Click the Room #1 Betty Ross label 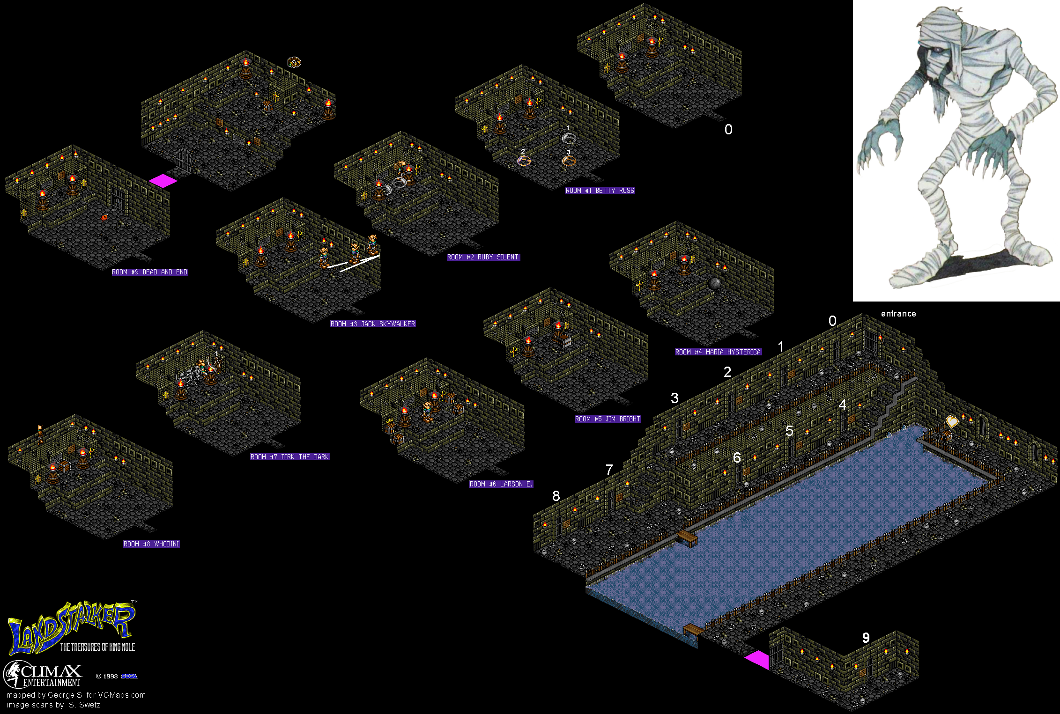click(x=600, y=191)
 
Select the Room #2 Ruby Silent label click(x=483, y=257)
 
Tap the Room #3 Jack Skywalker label click(x=373, y=324)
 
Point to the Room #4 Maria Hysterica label click(x=718, y=352)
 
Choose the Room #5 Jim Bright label click(x=608, y=419)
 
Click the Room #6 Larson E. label click(x=501, y=484)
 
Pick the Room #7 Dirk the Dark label click(x=290, y=457)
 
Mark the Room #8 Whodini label click(x=151, y=544)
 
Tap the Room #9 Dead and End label click(x=150, y=272)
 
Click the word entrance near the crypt click(x=898, y=314)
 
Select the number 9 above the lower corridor click(x=866, y=638)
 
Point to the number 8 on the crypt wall click(x=556, y=496)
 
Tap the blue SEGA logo click(x=129, y=676)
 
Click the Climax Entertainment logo click(x=43, y=674)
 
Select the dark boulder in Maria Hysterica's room click(x=714, y=284)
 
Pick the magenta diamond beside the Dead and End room click(x=163, y=181)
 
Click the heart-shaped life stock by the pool click(x=952, y=421)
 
